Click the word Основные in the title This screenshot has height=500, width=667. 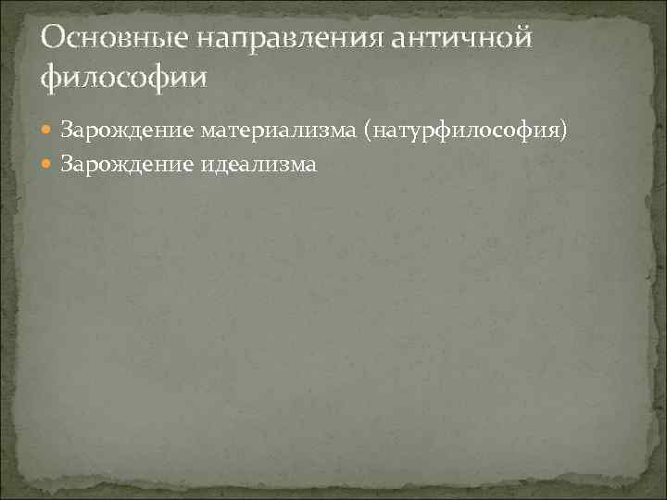click(x=107, y=39)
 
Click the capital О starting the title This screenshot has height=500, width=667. click(x=54, y=39)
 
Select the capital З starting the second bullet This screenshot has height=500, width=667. click(x=66, y=164)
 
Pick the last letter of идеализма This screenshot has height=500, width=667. click(x=311, y=165)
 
